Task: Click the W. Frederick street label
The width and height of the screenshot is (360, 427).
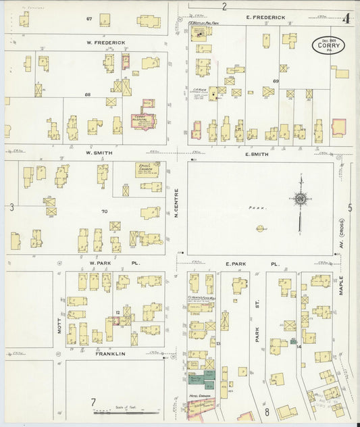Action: pyautogui.click(x=105, y=43)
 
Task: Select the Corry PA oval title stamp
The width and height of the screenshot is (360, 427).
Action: pyautogui.click(x=329, y=45)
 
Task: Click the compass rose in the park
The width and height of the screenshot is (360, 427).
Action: pyautogui.click(x=299, y=199)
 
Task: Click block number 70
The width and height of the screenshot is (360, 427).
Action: pyautogui.click(x=104, y=211)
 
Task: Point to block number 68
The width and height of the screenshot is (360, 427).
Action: pyautogui.click(x=87, y=94)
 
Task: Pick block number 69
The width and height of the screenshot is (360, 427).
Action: pyautogui.click(x=276, y=81)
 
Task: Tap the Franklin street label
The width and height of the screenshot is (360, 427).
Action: pyautogui.click(x=110, y=353)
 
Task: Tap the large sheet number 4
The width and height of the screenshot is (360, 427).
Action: pyautogui.click(x=346, y=18)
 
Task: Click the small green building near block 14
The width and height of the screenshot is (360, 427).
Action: pyautogui.click(x=293, y=342)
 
